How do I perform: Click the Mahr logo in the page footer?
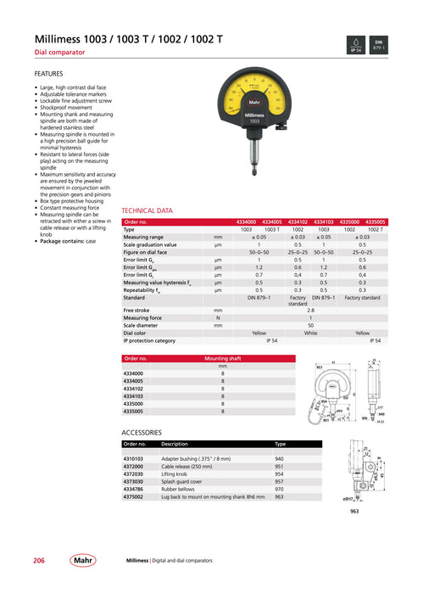[83, 561]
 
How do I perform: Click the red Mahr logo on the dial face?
[254, 104]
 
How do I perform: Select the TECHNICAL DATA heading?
[147, 210]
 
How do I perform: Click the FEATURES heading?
[48, 74]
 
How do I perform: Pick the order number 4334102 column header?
[298, 221]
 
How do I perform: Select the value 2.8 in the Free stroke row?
[310, 311]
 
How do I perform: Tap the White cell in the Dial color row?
[310, 333]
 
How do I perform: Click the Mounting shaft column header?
[223, 358]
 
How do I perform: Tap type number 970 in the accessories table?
[279, 488]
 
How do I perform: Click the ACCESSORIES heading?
[142, 432]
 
